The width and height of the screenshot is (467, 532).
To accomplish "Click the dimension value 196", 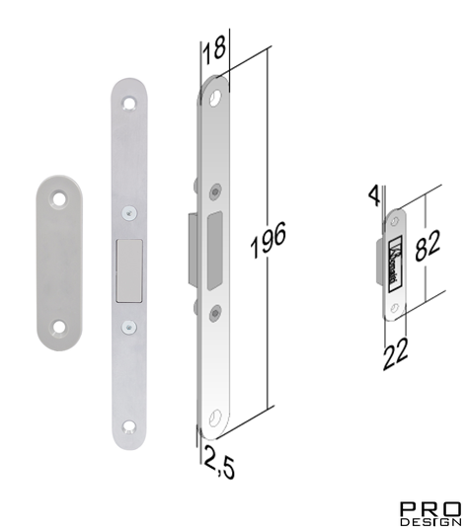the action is (269, 240).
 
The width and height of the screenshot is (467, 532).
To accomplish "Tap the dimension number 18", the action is (214, 50).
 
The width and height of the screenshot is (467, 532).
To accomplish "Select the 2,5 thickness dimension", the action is (219, 464).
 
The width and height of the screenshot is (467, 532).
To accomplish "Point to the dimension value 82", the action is (428, 246).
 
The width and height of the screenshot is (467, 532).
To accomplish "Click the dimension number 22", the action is (395, 354).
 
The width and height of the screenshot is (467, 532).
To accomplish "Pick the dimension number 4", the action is (374, 196).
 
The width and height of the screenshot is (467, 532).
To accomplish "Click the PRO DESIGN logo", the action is (430, 513).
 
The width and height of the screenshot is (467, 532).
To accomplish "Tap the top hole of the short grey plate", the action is (59, 198).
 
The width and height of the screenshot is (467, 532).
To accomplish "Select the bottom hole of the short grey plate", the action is (58, 327).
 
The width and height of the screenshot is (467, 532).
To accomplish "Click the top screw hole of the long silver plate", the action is (129, 103).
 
